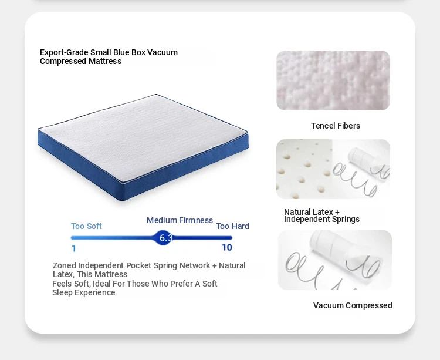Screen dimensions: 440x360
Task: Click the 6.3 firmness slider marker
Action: (x=163, y=238)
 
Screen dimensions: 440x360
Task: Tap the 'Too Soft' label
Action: (x=86, y=226)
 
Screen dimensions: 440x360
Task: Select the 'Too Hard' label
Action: (x=232, y=226)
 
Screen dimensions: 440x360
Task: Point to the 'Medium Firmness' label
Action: (x=180, y=220)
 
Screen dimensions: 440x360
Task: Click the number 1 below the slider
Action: (x=74, y=248)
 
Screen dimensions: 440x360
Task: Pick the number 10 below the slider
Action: (x=227, y=247)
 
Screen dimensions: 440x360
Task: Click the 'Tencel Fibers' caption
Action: (x=336, y=126)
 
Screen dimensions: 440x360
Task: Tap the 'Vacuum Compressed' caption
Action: (x=353, y=305)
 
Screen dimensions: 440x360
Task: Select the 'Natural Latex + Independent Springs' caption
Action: (x=321, y=216)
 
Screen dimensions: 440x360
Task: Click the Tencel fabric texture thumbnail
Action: (x=333, y=80)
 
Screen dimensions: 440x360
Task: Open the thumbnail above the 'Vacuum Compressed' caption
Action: (x=335, y=260)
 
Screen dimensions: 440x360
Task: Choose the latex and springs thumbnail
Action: (x=333, y=169)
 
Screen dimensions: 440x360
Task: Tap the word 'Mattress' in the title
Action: (x=105, y=61)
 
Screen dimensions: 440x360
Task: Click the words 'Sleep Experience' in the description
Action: (x=84, y=292)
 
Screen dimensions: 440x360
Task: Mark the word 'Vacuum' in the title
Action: (x=163, y=52)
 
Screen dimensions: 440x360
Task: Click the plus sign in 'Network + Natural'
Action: (x=214, y=265)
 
